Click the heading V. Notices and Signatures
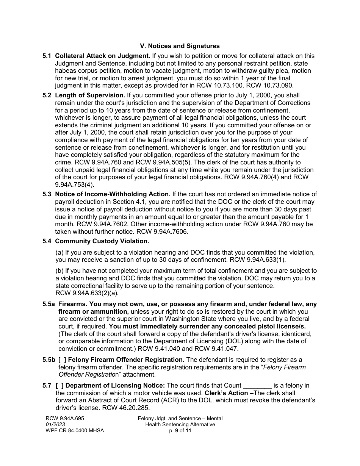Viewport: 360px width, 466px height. (180, 46)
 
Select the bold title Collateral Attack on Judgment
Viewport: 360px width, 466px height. (103, 56)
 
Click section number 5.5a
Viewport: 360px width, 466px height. (49, 304)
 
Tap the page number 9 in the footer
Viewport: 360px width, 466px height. (177, 430)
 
